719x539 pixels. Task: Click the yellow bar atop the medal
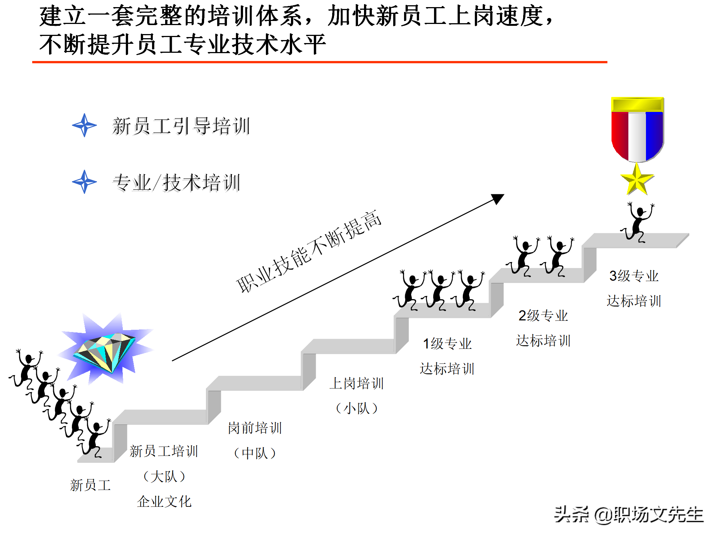637,104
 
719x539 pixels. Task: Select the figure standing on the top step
638,222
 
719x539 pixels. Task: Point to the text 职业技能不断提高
309,252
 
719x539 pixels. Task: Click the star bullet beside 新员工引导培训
84,125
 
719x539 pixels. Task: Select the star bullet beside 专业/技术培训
84,182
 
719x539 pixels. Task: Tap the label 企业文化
164,502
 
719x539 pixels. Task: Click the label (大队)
164,476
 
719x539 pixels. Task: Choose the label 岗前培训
255,428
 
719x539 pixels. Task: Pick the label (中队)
255,453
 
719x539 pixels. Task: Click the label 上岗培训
357,383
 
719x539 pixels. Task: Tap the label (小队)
357,408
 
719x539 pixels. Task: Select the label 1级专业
447,344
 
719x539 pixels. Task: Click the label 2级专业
543,316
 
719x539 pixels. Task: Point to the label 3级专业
634,276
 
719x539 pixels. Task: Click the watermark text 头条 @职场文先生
629,515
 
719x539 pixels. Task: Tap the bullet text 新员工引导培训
181,126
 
